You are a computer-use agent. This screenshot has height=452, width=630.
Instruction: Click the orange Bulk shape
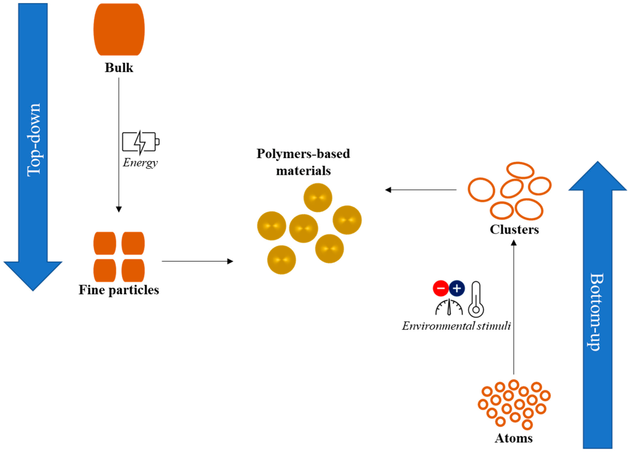click(119, 30)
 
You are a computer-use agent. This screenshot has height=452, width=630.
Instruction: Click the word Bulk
click(119, 68)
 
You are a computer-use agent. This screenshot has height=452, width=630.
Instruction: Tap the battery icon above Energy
click(141, 142)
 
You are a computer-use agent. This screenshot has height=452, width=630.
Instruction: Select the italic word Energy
click(140, 163)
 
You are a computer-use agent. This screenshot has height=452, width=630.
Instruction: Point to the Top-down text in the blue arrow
click(34, 140)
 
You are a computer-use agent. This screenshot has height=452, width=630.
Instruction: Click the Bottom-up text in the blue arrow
click(597, 312)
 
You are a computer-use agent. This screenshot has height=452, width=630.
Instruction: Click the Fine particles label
click(119, 290)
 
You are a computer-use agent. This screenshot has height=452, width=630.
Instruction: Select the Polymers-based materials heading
click(303, 162)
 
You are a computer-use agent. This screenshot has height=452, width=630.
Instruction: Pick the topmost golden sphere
click(318, 197)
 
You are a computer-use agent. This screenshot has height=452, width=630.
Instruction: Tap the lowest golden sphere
click(282, 260)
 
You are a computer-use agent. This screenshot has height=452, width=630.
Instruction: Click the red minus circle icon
click(441, 289)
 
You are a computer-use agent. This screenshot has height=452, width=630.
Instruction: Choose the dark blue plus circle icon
click(457, 289)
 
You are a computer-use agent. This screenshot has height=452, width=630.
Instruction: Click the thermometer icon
click(476, 299)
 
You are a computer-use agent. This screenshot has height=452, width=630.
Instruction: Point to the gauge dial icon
click(449, 307)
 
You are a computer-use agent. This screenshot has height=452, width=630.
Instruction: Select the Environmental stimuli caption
click(456, 326)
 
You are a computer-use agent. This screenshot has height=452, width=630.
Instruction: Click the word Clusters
click(514, 230)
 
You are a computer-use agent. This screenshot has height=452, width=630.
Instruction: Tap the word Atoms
click(514, 438)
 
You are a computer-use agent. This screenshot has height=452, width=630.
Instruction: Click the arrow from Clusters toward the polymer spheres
click(421, 190)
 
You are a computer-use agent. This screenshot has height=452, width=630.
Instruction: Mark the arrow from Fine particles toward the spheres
click(197, 261)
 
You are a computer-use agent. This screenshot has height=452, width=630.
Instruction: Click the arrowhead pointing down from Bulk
click(119, 209)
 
